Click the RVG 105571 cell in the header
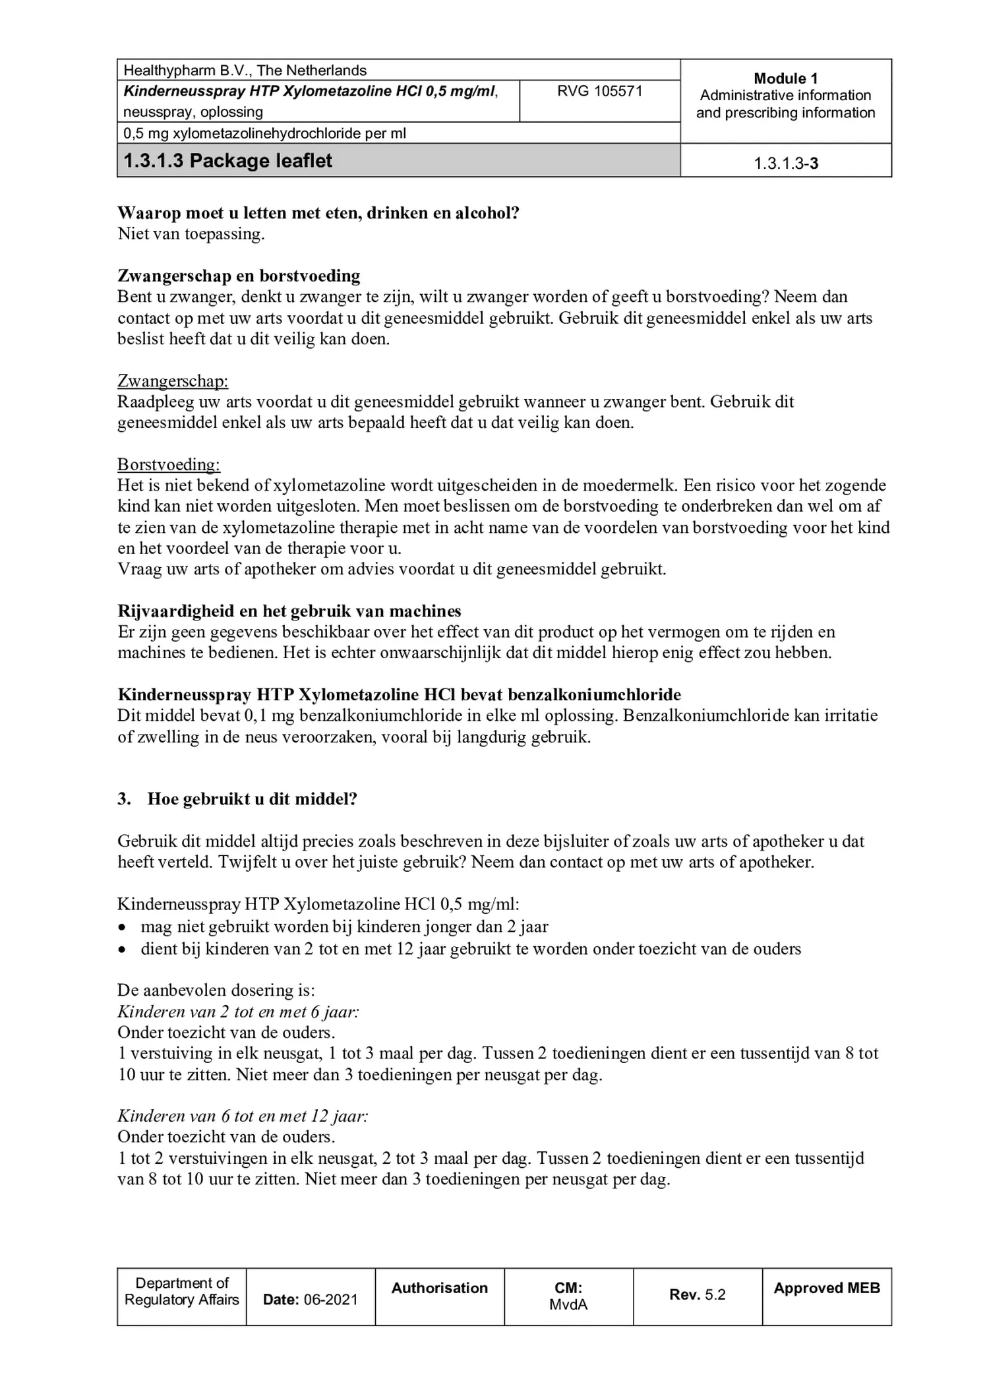[599, 91]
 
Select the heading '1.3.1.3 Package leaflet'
[227, 161]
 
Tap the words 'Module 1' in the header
[785, 78]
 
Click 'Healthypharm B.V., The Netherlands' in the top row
[245, 71]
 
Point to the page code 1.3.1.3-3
[786, 164]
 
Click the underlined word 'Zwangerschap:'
[173, 381]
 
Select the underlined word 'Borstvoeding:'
[169, 464]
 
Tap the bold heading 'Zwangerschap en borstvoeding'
[239, 276]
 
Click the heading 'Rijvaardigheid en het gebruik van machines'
[289, 611]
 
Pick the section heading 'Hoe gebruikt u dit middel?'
[252, 799]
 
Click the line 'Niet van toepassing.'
[191, 234]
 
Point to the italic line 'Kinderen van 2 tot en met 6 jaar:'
[238, 1012]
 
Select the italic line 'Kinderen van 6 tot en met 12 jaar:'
[243, 1116]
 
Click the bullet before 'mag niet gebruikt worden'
[121, 927]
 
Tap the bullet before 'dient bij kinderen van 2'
[121, 950]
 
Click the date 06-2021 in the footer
[330, 1300]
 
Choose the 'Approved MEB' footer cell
[827, 1288]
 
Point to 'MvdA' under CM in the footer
[568, 1304]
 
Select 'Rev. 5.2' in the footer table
[698, 1295]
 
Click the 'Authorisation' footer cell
[440, 1288]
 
